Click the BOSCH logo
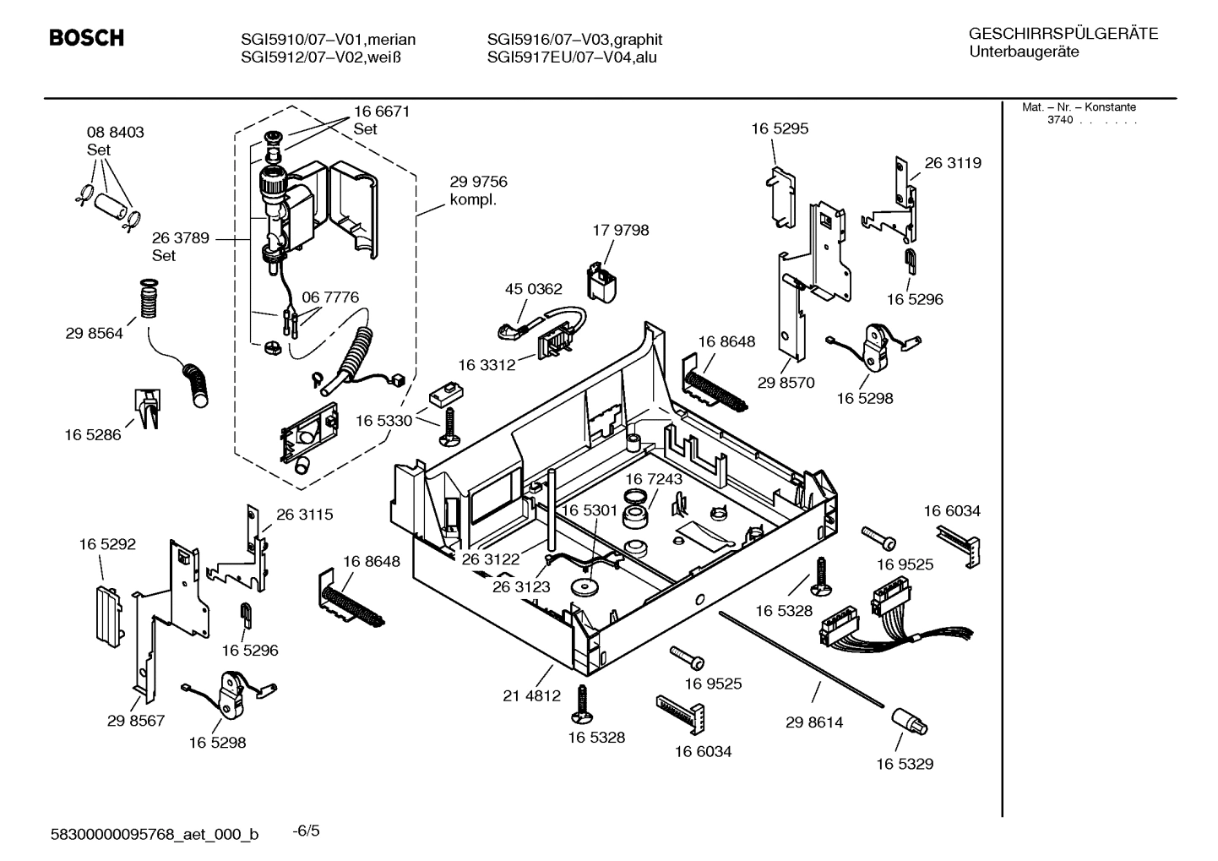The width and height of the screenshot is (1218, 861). point(86,38)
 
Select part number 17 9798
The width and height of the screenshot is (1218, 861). point(620,230)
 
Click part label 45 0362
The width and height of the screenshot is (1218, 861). point(533,289)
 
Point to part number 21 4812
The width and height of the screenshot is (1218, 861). point(531,696)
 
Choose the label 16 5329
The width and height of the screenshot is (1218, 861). point(904,764)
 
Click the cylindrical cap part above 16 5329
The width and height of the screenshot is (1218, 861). point(908,722)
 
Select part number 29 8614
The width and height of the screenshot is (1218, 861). point(813,722)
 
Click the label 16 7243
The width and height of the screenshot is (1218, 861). point(654,479)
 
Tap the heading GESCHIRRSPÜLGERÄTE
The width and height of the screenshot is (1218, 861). point(1063,35)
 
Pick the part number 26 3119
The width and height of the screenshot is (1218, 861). point(953,163)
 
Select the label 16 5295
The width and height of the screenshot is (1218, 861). point(780,128)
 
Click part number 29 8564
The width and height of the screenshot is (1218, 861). point(94,333)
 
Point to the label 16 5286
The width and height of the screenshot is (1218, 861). point(93,434)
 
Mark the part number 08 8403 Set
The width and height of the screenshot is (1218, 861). point(115,141)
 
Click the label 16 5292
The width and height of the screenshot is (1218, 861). point(107,544)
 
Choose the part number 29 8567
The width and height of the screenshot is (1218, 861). point(135,721)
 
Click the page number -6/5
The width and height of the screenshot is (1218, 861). point(306,831)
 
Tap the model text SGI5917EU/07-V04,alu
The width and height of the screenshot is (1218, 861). point(572,57)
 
